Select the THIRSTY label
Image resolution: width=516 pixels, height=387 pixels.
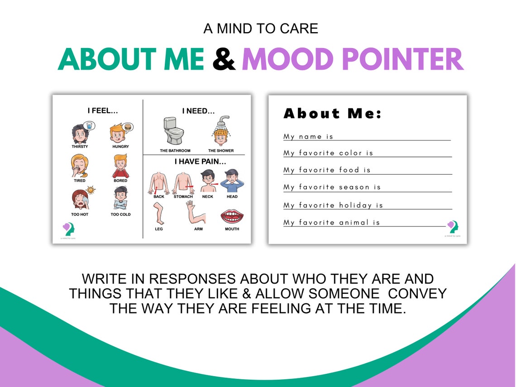click(x=80, y=147)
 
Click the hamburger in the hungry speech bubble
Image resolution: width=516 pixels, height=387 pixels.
click(x=129, y=127)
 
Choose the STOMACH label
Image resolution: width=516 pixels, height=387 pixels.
click(x=183, y=197)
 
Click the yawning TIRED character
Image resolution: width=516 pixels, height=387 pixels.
click(x=79, y=166)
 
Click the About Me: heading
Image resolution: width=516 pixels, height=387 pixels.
click(x=333, y=114)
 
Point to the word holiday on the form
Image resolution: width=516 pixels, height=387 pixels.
click(x=356, y=205)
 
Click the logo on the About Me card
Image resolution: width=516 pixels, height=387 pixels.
click(x=452, y=226)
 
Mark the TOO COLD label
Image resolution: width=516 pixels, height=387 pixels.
click(x=120, y=215)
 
